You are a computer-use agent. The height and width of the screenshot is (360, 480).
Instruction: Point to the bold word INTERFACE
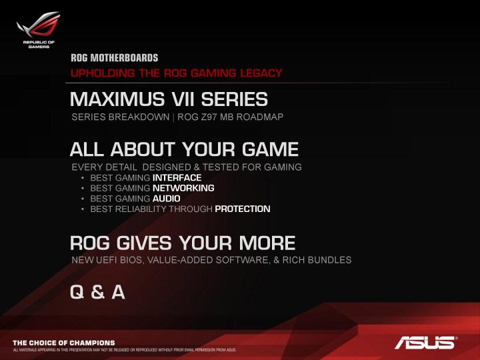point(177,178)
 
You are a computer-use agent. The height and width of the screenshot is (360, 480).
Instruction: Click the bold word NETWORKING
point(183,188)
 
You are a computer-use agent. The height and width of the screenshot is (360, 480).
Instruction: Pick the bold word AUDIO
point(166,199)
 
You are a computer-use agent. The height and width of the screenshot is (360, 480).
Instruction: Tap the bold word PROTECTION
point(243,209)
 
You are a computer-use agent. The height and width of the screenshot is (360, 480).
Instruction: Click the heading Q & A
point(97,293)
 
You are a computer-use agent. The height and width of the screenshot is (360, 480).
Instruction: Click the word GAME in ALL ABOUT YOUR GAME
point(271,148)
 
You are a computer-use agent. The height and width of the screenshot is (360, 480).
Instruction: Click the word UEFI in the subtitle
point(108,259)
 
